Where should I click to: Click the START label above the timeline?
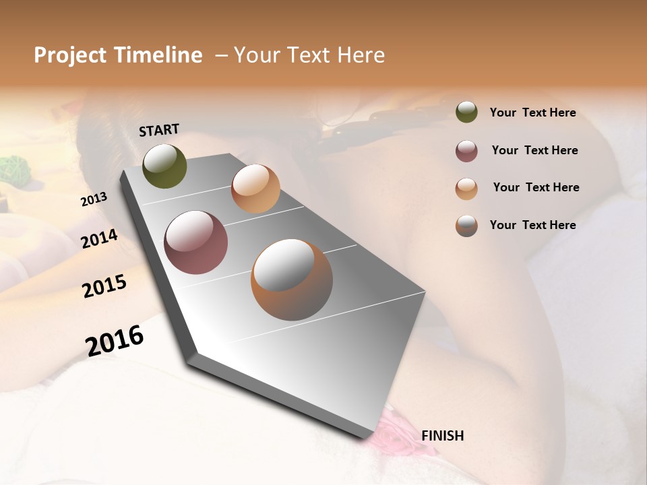[x=159, y=130]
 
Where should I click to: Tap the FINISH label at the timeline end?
[x=443, y=436]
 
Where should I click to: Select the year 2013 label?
[x=94, y=199]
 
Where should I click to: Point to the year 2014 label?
[x=100, y=239]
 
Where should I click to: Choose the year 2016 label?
[x=115, y=341]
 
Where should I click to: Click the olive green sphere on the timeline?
[x=165, y=166]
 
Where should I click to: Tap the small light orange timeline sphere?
[x=255, y=189]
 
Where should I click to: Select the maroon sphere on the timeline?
[x=196, y=243]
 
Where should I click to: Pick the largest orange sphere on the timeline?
[x=292, y=280]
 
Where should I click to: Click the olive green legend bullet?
[x=466, y=112]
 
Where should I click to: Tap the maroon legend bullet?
[x=466, y=151]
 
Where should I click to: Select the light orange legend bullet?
[x=466, y=188]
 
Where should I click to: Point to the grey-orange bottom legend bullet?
[x=466, y=226]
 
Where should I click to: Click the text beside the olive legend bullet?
[x=532, y=112]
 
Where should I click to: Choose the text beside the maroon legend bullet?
[x=534, y=150]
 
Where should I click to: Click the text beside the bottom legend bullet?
[x=532, y=225]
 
